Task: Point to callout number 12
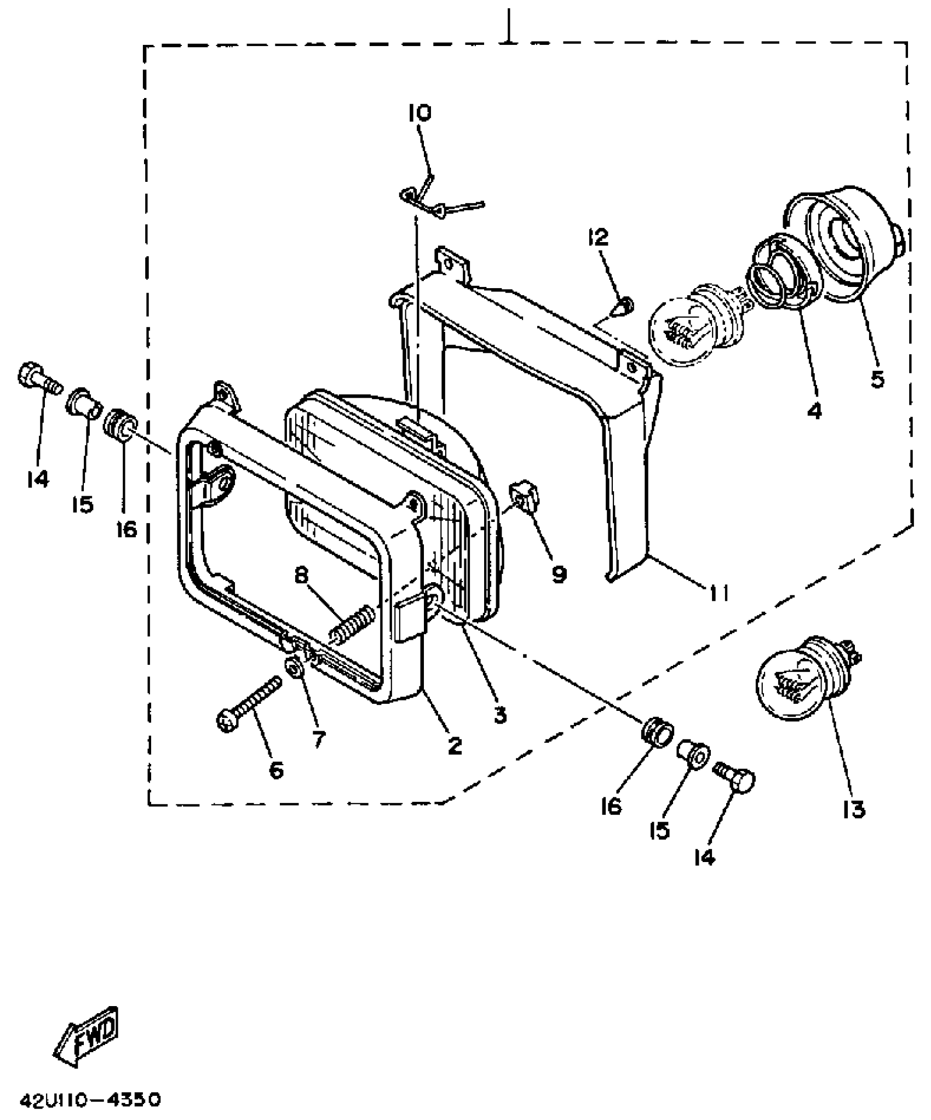[598, 238]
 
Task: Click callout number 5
[877, 379]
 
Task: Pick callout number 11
[719, 592]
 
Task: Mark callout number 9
[559, 575]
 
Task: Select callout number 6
[276, 771]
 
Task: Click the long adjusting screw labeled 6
[249, 703]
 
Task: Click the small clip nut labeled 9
[525, 495]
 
